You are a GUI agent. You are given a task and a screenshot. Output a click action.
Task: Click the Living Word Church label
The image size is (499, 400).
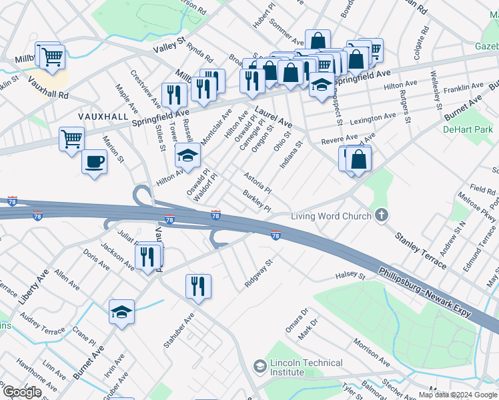click(x=330, y=215)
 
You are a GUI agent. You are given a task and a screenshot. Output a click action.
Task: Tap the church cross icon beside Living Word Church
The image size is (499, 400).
click(x=381, y=215)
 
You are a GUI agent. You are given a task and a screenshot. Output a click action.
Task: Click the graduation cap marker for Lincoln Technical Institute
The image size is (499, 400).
click(x=260, y=366)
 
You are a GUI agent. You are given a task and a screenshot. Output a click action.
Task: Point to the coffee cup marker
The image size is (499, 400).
click(x=94, y=161)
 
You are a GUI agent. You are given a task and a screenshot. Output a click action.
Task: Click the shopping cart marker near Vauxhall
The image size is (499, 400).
click(x=71, y=139)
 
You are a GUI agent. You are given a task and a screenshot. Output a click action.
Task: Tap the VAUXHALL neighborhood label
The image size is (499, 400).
click(x=103, y=116)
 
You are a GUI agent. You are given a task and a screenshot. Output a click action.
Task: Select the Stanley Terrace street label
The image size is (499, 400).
click(x=420, y=251)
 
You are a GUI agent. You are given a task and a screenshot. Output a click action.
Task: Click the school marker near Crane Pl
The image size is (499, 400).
click(x=122, y=311)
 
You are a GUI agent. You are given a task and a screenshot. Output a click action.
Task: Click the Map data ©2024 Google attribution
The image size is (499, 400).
click(x=458, y=395)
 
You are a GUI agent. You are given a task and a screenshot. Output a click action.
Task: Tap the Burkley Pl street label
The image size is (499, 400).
click(x=258, y=201)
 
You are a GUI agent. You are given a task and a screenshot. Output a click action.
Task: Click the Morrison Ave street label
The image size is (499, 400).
click(x=372, y=352)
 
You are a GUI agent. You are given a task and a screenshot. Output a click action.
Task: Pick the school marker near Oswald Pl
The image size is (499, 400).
click(x=187, y=156)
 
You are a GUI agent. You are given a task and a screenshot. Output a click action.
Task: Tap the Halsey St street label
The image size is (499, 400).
click(x=352, y=275)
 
